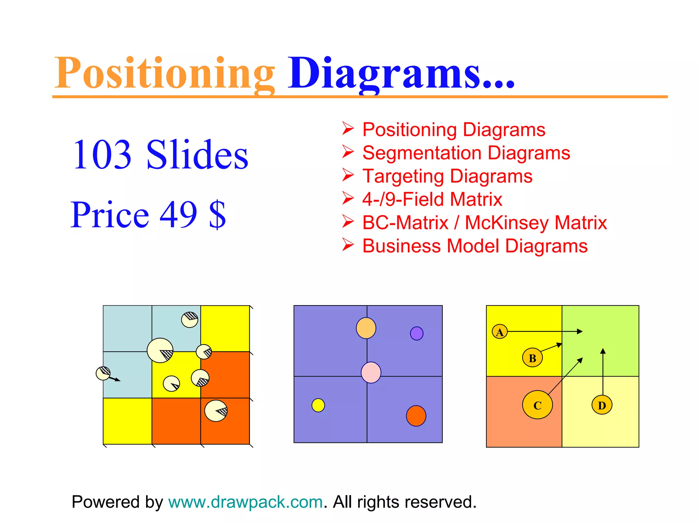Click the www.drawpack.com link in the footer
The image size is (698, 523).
[245, 502]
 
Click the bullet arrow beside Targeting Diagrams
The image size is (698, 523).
[348, 175]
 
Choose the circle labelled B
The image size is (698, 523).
[532, 358]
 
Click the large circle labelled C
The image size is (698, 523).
[537, 405]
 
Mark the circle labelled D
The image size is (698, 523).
[602, 405]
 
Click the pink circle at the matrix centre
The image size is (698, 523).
[371, 373]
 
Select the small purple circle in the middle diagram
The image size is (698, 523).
[416, 333]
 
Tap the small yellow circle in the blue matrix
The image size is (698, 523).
[318, 405]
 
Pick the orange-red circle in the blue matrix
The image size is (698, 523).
[416, 416]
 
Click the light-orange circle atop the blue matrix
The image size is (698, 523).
[366, 328]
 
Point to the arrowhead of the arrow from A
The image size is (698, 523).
[580, 331]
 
